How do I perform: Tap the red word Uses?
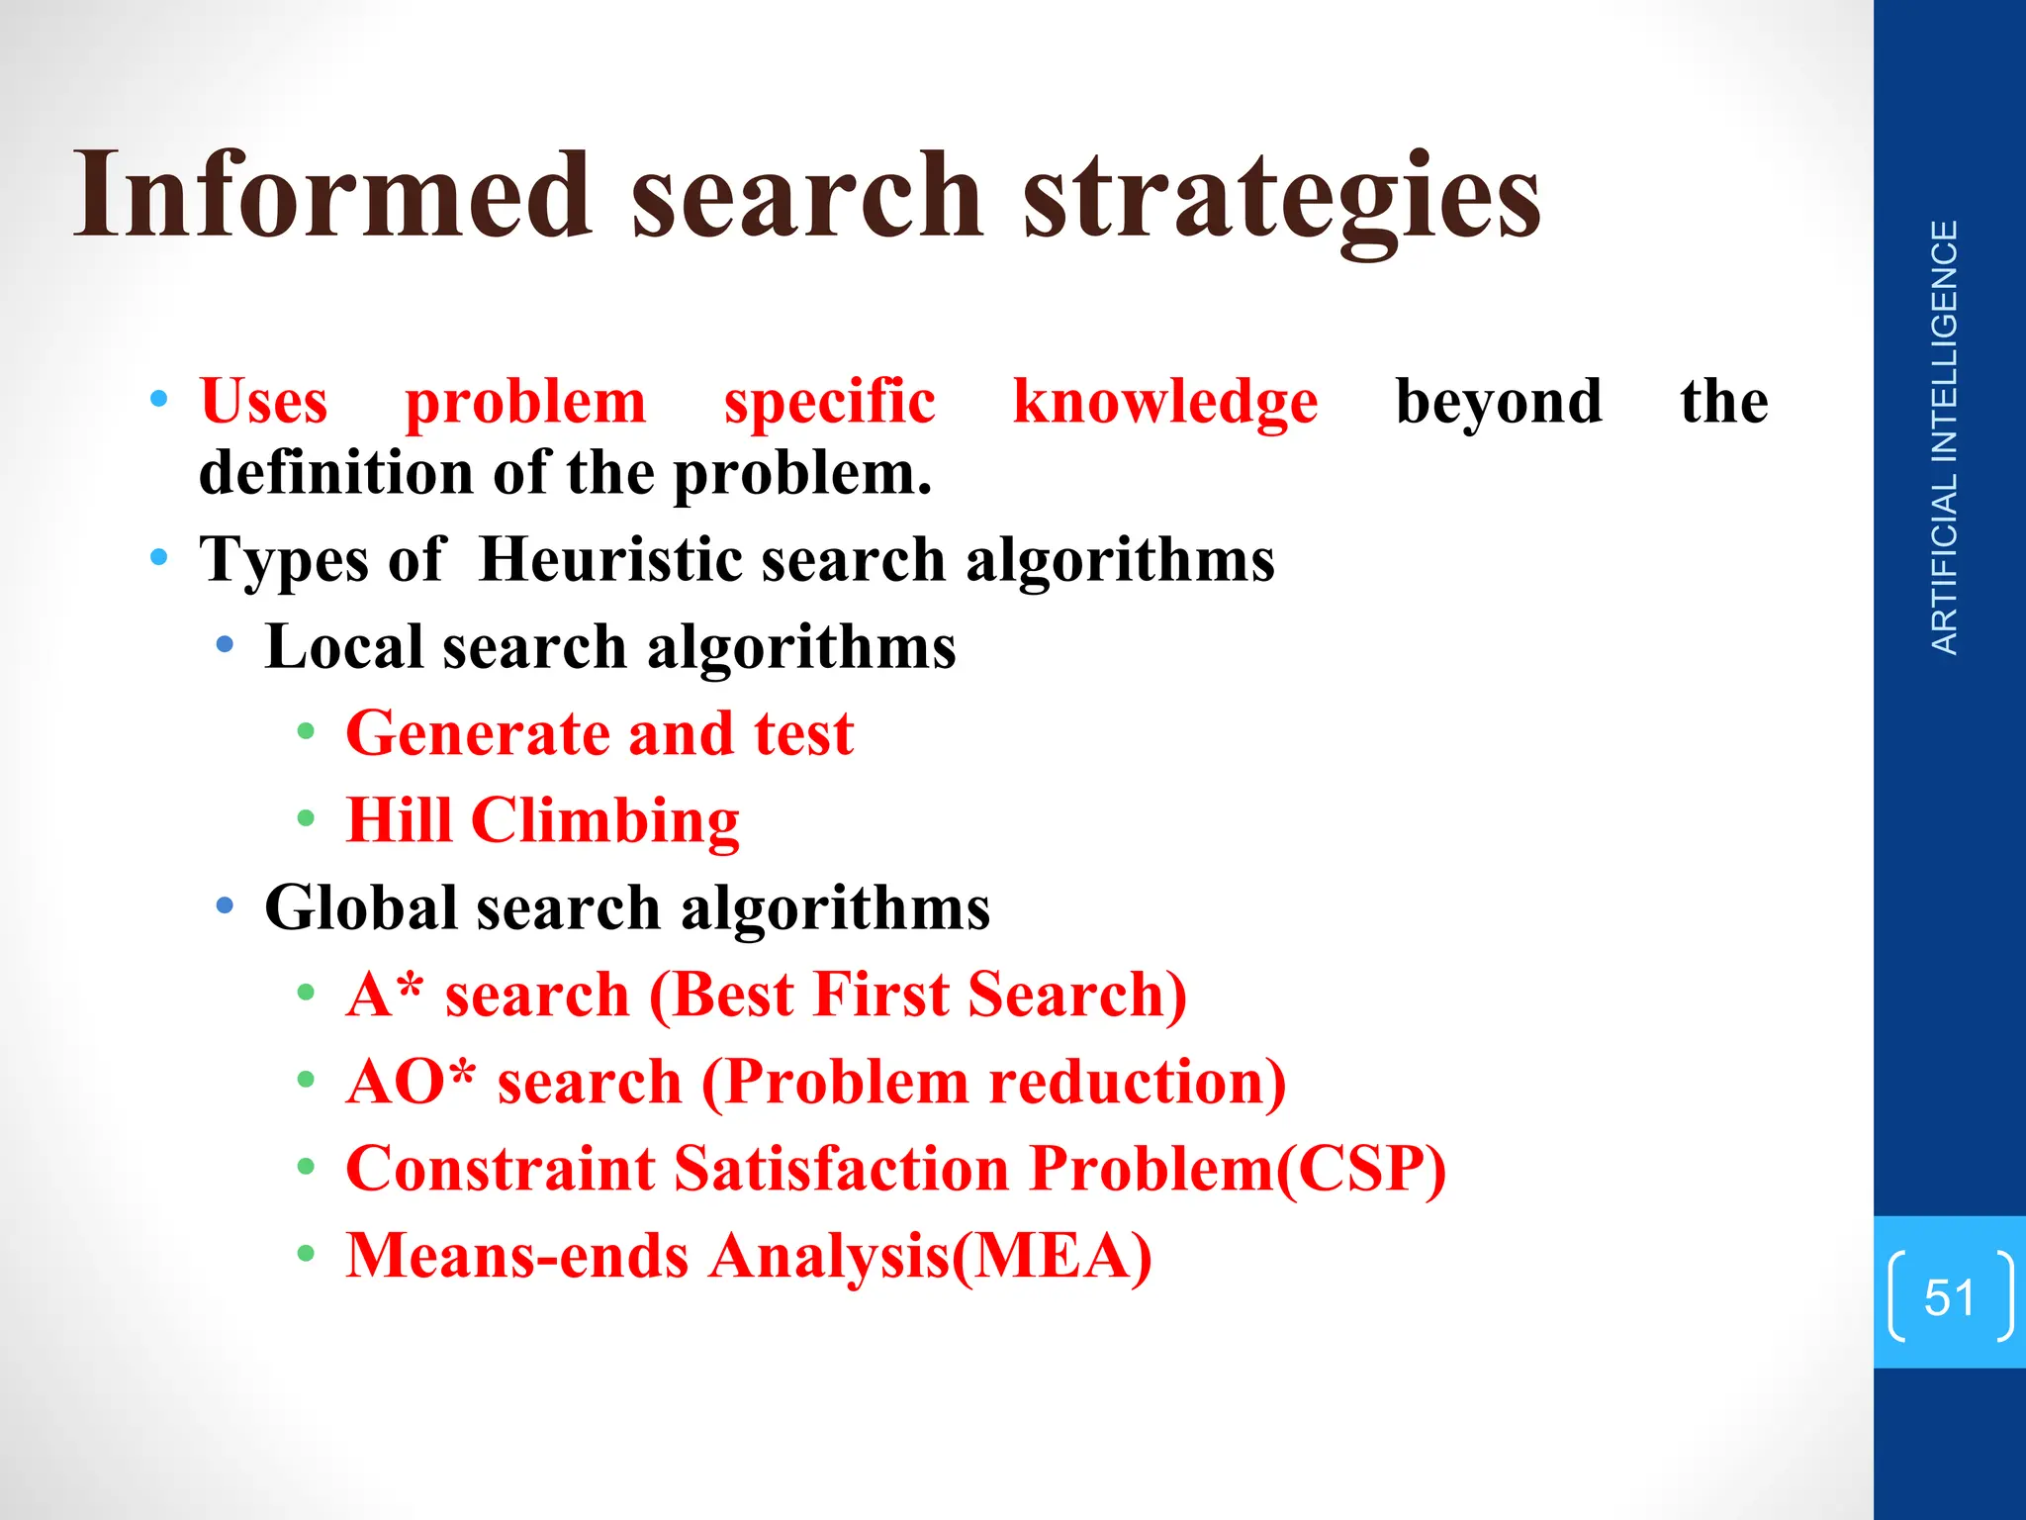click(264, 402)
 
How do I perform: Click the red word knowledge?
click(1165, 404)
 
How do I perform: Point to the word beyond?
click(1499, 404)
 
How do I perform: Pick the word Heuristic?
click(610, 560)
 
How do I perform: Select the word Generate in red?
click(477, 735)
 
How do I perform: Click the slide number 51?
click(1949, 1297)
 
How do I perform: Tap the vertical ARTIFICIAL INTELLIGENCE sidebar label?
click(1945, 437)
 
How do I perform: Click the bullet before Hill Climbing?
click(307, 819)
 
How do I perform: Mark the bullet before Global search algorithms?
click(226, 905)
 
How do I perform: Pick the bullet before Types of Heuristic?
click(159, 557)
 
